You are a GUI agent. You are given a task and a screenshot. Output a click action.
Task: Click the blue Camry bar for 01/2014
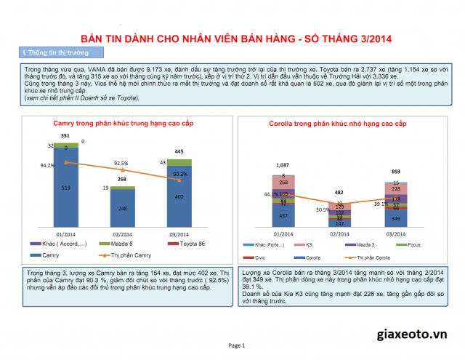coord(67,189)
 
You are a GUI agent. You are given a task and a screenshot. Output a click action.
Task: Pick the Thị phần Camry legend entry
coord(124,256)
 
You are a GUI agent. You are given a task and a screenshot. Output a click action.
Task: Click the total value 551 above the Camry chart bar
coord(65,136)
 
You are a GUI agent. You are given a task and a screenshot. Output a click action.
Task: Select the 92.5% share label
coord(121,164)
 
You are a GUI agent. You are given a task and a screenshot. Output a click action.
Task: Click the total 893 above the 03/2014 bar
coord(395,172)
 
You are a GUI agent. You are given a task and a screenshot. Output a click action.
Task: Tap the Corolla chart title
coord(338,125)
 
